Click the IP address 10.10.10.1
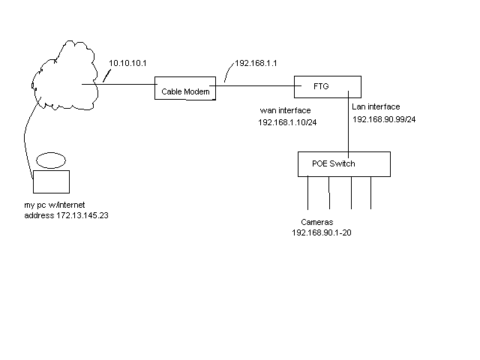[127, 63]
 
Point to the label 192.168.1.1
[256, 63]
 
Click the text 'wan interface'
[285, 110]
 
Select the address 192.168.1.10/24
[287, 122]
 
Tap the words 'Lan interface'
[376, 106]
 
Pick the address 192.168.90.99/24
[384, 119]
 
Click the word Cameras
[316, 222]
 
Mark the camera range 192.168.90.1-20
[322, 232]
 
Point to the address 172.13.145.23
[82, 215]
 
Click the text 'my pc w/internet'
[55, 205]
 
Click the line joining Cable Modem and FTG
[255, 85]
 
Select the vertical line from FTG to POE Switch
[348, 124]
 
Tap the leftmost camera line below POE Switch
[308, 193]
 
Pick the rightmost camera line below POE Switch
[370, 193]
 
